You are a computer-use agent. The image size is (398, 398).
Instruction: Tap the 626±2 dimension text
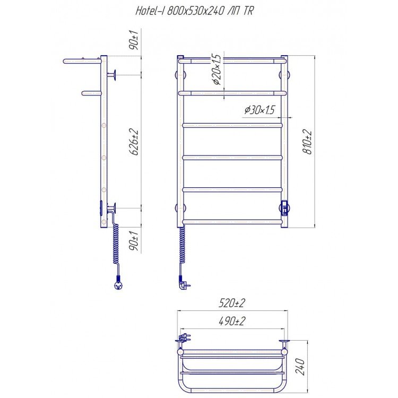(x=134, y=142)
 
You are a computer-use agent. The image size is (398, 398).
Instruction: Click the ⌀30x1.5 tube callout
(x=259, y=110)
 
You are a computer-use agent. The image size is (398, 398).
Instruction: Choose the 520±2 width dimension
(x=232, y=303)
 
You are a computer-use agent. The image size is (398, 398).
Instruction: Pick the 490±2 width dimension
(x=232, y=322)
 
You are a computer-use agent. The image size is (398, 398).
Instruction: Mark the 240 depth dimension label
(x=300, y=366)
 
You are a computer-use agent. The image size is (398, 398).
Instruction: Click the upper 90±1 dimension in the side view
(x=134, y=40)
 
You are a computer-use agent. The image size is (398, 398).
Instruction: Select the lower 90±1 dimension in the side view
(x=134, y=241)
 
